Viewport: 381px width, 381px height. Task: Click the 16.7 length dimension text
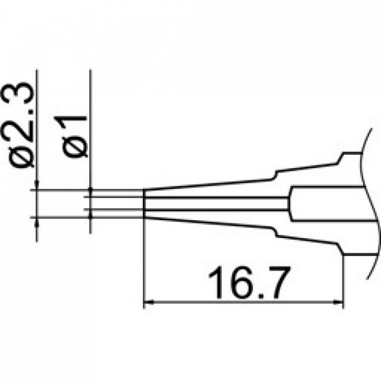(x=244, y=279)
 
